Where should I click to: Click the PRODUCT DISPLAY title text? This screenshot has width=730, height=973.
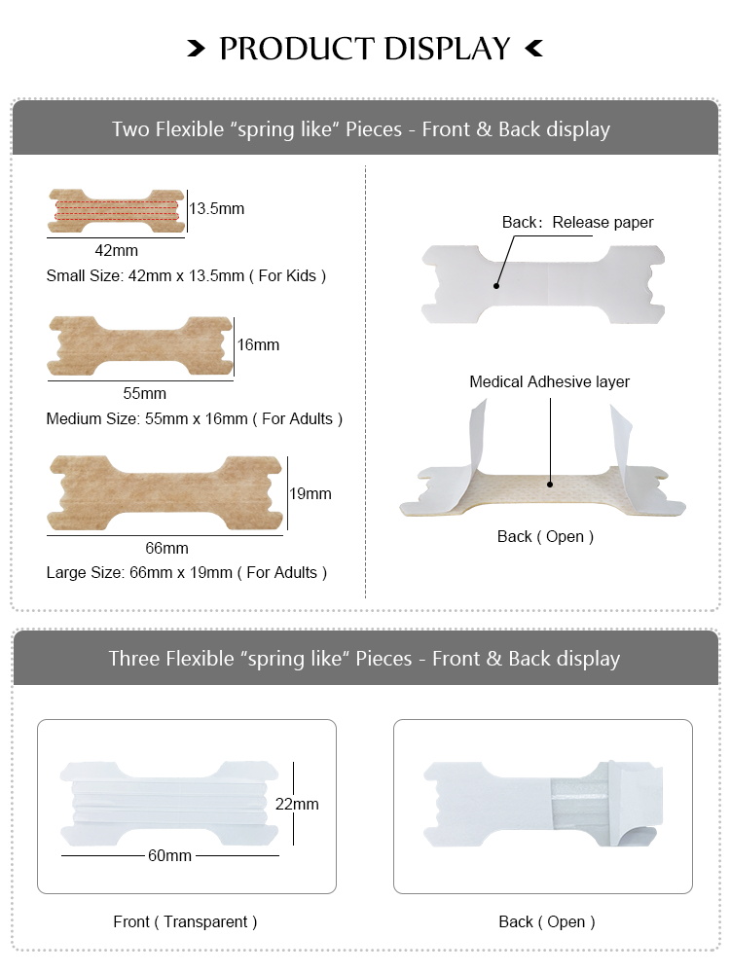tap(365, 48)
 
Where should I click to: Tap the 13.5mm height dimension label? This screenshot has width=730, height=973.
tap(217, 208)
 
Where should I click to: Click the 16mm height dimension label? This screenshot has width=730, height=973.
tap(258, 344)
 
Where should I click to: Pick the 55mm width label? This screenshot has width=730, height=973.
tap(144, 394)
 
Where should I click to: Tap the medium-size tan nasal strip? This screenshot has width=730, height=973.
tap(138, 344)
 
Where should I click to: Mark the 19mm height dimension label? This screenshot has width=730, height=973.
tap(310, 493)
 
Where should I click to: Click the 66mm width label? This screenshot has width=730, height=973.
tap(166, 549)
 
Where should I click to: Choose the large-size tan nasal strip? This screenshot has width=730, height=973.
tap(164, 493)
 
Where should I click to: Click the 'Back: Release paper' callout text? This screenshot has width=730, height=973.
tap(577, 223)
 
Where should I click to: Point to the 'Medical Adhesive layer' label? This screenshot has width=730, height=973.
tap(549, 382)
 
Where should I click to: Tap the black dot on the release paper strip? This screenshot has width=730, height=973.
tap(495, 286)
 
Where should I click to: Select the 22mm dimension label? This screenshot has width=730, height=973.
tap(297, 805)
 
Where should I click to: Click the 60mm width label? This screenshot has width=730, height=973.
tap(169, 856)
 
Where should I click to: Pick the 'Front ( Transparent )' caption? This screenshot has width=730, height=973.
tap(185, 921)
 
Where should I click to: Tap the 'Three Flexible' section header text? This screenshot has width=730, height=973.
tap(364, 659)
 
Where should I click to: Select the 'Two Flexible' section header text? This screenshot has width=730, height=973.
tap(361, 129)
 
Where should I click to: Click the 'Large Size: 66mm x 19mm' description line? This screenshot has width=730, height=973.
tap(187, 573)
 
